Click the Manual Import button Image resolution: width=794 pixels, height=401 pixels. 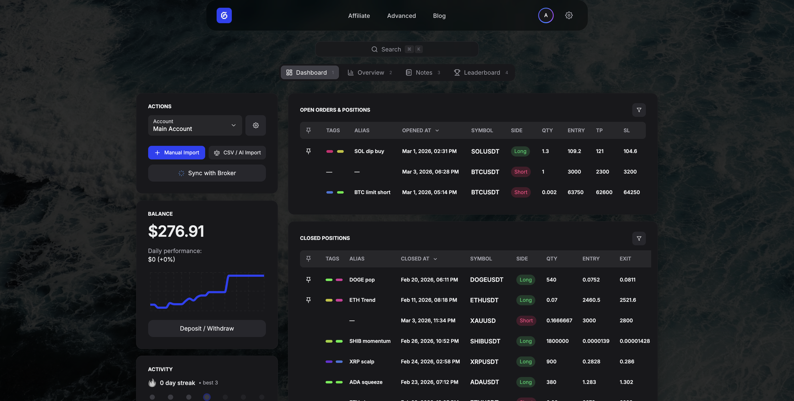176,153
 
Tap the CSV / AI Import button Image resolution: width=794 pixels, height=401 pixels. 237,153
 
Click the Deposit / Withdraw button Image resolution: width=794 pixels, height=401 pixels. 207,328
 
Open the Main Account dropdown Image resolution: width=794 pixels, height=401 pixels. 195,126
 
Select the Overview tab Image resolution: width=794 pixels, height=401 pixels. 370,73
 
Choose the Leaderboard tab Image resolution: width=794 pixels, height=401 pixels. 481,73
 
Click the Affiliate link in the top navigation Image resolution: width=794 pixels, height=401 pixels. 359,16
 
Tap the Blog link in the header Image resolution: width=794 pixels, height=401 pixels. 439,16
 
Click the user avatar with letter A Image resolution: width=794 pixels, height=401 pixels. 546,15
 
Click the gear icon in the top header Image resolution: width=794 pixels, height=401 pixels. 569,15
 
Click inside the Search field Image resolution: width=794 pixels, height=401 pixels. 397,49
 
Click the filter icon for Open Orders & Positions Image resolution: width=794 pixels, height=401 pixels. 639,110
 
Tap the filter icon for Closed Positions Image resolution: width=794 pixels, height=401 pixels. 639,238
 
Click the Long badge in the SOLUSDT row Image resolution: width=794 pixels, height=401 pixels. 520,151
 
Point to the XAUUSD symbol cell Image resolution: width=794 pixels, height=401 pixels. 483,321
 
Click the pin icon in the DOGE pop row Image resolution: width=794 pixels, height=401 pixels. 308,280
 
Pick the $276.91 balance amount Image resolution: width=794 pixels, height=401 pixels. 176,231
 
